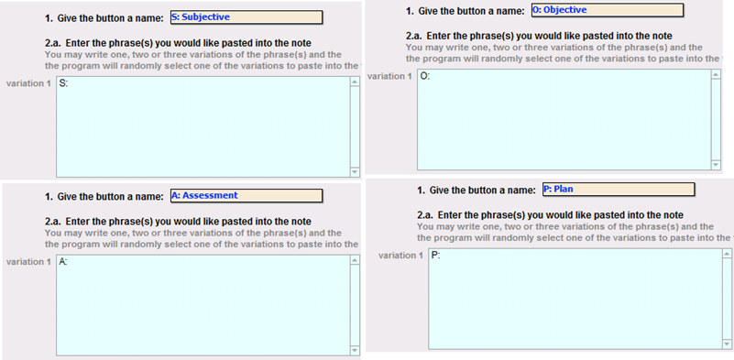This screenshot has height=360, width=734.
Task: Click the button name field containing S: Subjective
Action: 246,17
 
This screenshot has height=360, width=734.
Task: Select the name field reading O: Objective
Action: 608,10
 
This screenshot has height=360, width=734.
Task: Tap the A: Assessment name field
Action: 246,196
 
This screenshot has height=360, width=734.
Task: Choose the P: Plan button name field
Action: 619,189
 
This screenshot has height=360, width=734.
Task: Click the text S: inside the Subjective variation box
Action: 63,83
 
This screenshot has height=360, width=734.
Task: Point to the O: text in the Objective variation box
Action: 424,77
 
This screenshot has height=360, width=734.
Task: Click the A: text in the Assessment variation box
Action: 63,262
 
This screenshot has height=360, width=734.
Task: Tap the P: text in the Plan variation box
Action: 436,256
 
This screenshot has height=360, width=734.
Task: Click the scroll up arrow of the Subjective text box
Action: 355,82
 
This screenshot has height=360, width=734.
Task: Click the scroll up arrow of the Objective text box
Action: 716,75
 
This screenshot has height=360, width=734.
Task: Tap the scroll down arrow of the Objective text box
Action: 716,165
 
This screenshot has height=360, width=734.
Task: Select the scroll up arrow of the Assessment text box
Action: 355,261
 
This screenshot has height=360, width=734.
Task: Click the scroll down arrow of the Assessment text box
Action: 355,350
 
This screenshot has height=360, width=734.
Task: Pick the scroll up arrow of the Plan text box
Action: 727,255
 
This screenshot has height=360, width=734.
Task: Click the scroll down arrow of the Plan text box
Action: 727,344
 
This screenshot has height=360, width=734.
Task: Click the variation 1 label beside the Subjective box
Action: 28,83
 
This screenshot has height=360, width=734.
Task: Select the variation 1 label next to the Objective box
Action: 389,76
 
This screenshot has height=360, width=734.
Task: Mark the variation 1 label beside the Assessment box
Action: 28,262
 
